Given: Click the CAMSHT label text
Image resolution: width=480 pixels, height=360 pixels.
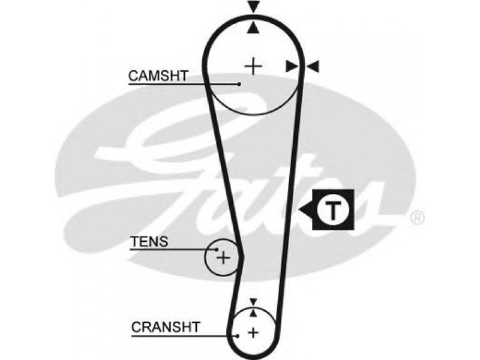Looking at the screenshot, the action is (158, 76).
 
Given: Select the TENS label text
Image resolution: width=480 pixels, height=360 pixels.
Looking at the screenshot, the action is (149, 242).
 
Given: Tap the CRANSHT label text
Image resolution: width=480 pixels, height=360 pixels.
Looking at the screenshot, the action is (166, 327).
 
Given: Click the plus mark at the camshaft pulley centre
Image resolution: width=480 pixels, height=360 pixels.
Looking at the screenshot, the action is (253, 66).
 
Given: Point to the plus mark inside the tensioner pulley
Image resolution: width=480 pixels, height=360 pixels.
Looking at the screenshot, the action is (223, 258).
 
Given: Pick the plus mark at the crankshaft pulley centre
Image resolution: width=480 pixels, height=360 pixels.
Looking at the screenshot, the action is (253, 332).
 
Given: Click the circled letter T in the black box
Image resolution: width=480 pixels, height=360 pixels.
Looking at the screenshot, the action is (333, 210).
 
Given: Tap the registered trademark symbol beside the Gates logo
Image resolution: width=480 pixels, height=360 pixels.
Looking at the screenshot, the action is (417, 218).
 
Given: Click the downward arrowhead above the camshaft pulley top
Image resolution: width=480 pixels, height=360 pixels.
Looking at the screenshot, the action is (253, 7).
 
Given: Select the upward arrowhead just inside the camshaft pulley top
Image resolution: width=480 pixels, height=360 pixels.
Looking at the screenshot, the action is (253, 28).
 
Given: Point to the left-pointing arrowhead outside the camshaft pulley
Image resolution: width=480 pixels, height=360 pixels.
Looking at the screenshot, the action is (313, 67).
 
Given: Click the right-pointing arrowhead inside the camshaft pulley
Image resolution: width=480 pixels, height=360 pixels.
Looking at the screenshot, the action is (292, 67).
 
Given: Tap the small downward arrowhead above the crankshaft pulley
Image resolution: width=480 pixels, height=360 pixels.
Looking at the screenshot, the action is (253, 302).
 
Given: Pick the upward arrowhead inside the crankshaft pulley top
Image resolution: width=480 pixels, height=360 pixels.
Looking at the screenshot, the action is (253, 313).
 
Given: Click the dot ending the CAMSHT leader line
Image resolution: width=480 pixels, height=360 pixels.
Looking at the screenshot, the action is (239, 84).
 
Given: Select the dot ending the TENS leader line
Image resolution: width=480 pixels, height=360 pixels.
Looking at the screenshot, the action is (217, 250).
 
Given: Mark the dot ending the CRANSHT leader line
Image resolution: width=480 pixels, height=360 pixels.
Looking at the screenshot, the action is (238, 336).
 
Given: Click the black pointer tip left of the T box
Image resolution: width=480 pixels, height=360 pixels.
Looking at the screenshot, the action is (299, 210).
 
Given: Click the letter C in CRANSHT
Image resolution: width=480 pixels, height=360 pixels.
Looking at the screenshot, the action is (136, 327).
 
